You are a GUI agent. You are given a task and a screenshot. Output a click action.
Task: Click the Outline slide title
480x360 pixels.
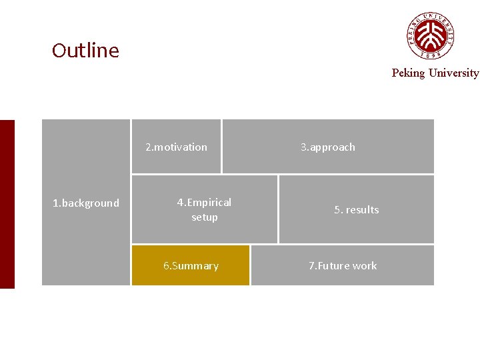(85, 51)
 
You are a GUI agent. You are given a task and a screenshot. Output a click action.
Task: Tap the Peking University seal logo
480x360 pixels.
(431, 35)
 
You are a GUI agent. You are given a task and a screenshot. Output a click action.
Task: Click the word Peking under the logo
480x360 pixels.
(408, 73)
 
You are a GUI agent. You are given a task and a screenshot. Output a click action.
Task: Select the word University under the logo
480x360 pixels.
(453, 73)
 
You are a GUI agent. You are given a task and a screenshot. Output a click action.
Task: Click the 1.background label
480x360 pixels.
(86, 203)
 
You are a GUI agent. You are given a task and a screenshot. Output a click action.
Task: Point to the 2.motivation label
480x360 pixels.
(177, 147)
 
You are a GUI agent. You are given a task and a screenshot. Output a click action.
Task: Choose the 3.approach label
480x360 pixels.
(328, 147)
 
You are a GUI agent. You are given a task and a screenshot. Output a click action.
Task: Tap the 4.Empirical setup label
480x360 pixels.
(204, 209)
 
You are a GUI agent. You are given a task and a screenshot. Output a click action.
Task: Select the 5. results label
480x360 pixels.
(357, 210)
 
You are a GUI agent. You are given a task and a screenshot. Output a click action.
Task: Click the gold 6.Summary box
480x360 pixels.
(191, 265)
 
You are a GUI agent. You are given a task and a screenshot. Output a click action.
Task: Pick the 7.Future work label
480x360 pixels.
(343, 266)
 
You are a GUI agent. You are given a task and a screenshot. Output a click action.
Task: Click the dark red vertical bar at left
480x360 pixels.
(7, 204)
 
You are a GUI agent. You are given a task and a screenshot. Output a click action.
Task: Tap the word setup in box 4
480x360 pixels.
(205, 217)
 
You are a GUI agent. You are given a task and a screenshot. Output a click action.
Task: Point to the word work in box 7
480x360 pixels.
(365, 266)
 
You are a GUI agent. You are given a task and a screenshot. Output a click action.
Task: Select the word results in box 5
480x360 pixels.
(363, 210)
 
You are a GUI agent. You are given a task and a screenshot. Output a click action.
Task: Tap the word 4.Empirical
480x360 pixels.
(204, 203)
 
